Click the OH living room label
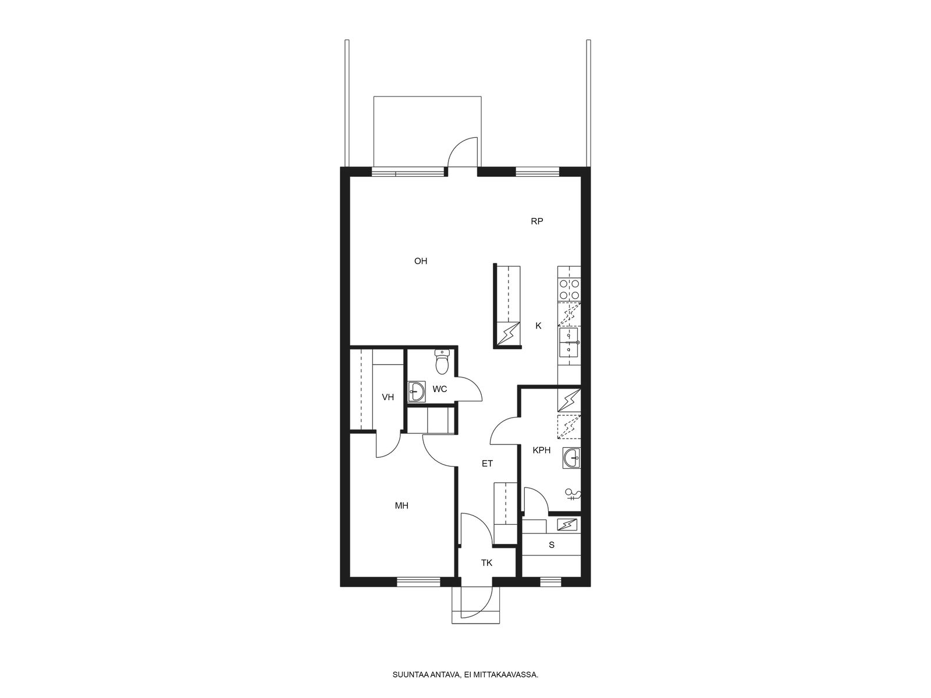coord(420,261)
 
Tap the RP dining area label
coord(537,221)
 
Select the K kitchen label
coord(539,326)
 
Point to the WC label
coord(440,389)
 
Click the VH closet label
coord(388,397)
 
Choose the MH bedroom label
coord(401,505)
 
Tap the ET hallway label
coord(488,464)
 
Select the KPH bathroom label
coord(542,450)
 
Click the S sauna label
coord(552,545)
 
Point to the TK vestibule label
coord(487,563)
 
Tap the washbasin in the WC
coord(417,391)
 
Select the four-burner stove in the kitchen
coord(569,290)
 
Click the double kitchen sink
coord(569,341)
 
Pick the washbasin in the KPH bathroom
coord(571,458)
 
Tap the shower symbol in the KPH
coord(573,494)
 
